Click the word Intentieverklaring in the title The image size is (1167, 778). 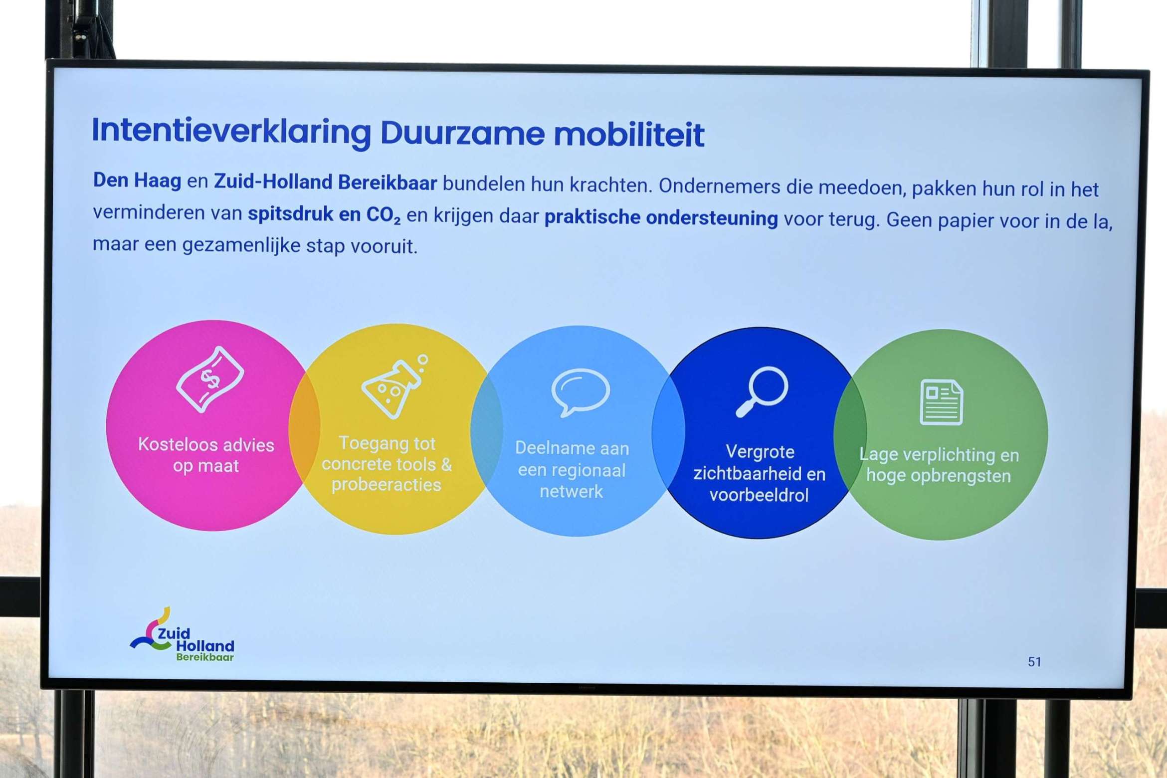tap(232, 132)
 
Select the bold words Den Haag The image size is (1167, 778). tap(137, 181)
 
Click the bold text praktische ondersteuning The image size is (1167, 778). tap(661, 218)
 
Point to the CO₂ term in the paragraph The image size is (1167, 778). tap(383, 215)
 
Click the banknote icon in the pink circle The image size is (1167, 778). tap(210, 380)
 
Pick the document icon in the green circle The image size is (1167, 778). tap(941, 402)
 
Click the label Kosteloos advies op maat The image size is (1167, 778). tap(206, 455)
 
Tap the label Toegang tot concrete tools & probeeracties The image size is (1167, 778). tap(387, 464)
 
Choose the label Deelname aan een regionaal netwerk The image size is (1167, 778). tap(572, 470)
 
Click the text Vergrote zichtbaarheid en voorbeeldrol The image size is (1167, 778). tap(760, 473)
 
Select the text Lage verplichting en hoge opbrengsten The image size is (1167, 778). tap(939, 465)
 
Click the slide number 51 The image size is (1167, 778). tap(1034, 662)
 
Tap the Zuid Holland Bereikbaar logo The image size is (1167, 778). tap(182, 635)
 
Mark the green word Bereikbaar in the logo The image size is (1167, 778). tap(205, 657)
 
